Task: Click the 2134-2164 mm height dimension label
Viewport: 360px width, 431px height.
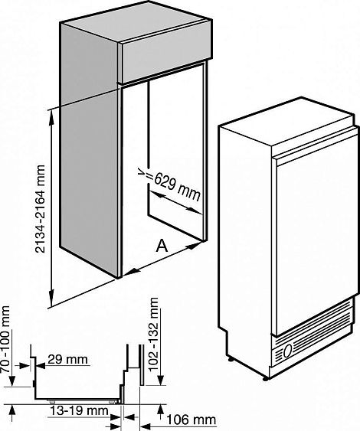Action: tap(40, 209)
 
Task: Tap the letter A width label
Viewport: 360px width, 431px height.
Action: tap(162, 246)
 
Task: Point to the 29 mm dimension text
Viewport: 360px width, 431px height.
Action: tap(68, 359)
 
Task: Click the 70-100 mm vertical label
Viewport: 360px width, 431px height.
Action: tap(6, 339)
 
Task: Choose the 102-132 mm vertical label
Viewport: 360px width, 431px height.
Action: tap(154, 335)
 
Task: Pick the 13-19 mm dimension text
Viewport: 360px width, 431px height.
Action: tap(79, 411)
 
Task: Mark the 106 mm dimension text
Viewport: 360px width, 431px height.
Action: tap(191, 420)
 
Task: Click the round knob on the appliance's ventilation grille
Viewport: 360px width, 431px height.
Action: tap(288, 351)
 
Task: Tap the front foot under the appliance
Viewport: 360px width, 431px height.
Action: tap(265, 379)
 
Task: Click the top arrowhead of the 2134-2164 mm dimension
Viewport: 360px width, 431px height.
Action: tap(51, 118)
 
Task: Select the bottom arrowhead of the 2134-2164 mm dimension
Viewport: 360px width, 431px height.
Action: tap(51, 299)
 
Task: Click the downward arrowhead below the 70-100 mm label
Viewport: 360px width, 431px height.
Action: tap(12, 380)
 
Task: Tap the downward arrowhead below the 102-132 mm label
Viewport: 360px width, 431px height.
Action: tap(161, 378)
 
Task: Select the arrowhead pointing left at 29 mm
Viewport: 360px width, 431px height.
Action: tap(41, 366)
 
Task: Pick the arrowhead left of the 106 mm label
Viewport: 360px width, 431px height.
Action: tap(146, 426)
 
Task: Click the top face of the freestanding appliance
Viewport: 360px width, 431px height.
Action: tap(286, 120)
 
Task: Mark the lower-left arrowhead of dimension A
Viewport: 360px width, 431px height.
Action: tap(131, 272)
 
